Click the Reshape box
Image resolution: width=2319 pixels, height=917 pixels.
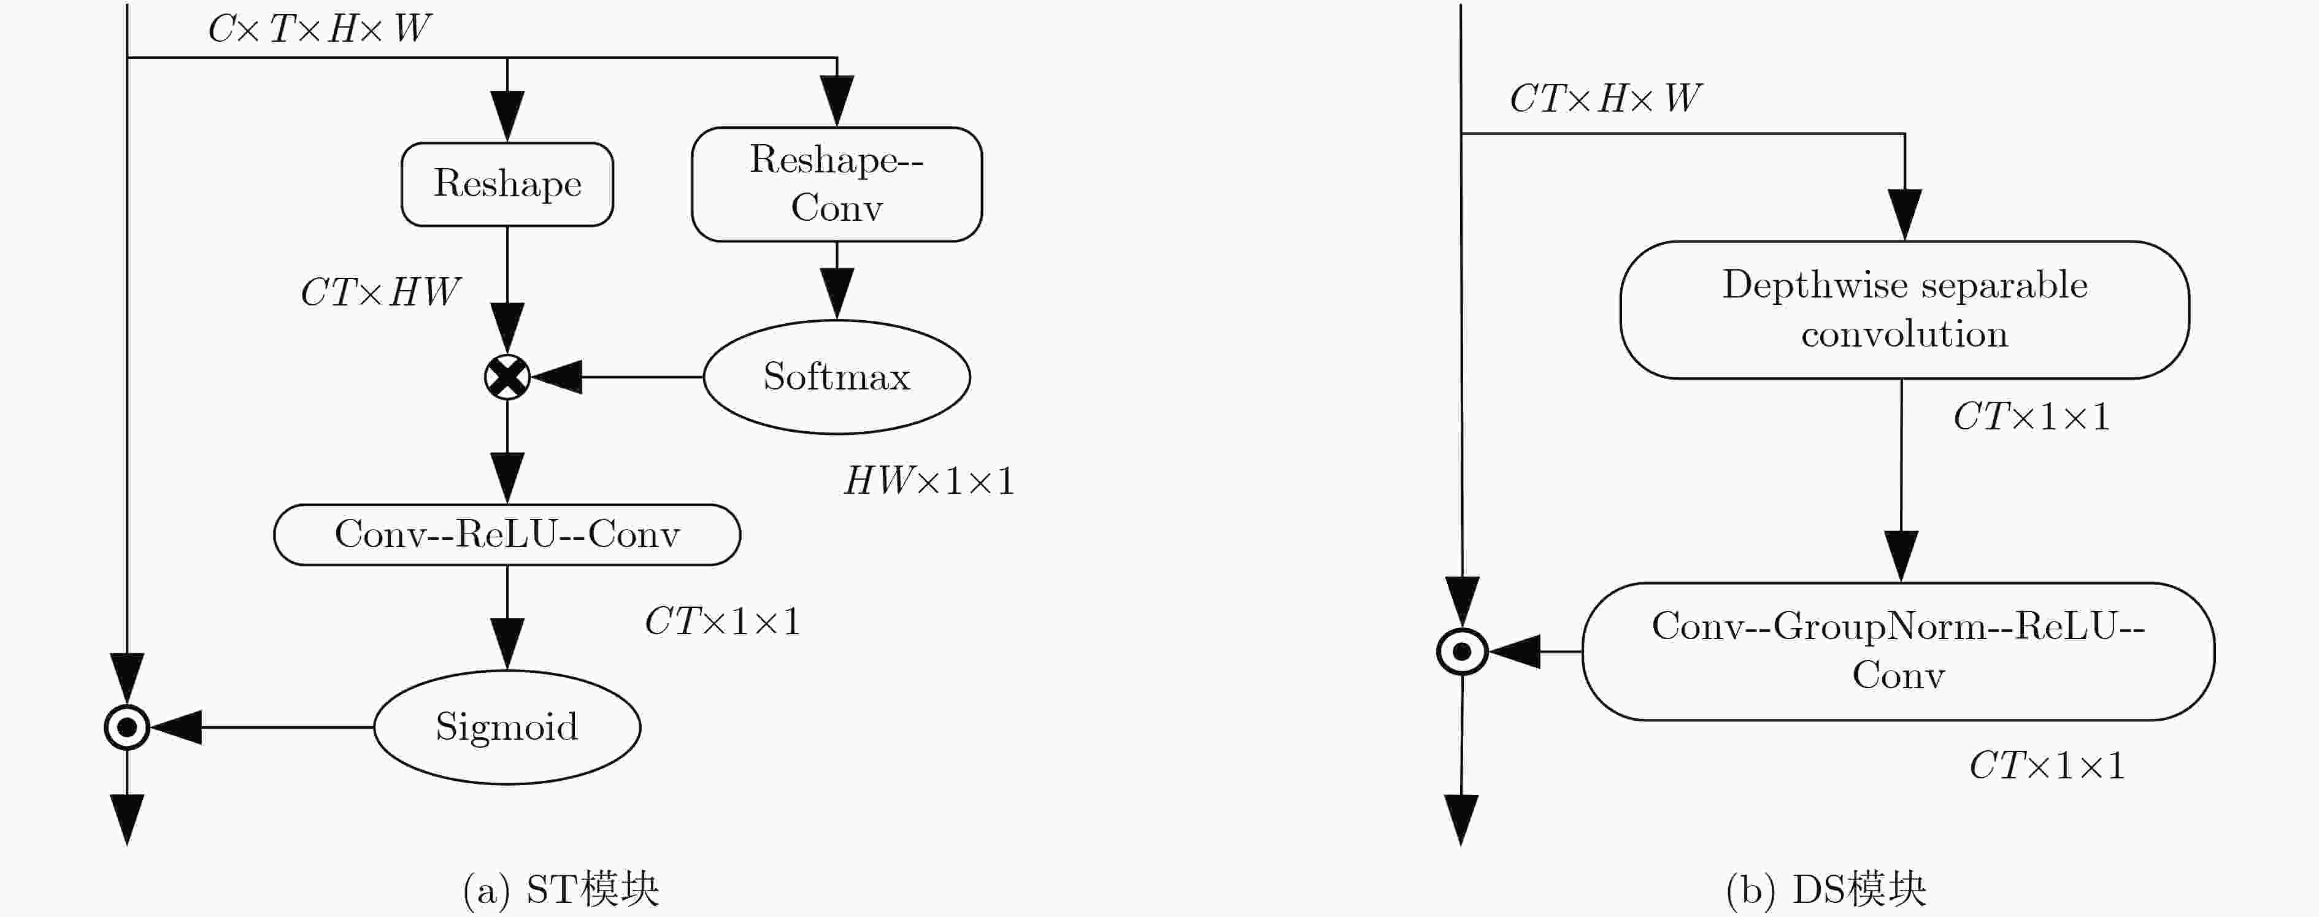point(507,183)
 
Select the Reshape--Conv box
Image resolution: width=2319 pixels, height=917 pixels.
point(836,183)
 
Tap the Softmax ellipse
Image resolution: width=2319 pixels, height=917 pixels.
point(836,376)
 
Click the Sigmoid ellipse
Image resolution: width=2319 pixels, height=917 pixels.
point(507,727)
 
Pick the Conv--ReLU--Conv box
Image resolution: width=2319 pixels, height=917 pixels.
point(507,534)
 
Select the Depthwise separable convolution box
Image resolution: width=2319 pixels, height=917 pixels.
point(1905,310)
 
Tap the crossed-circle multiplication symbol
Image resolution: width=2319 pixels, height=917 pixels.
point(507,376)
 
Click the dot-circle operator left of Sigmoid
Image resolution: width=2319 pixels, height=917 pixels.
point(127,727)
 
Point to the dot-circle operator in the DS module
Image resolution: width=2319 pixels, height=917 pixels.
point(1462,651)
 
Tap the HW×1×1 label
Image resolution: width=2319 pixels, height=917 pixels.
point(929,480)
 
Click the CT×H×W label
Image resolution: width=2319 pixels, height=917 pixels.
point(1605,98)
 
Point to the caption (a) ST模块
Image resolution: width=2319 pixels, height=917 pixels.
point(561,889)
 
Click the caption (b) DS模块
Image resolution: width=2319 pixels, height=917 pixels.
point(1826,889)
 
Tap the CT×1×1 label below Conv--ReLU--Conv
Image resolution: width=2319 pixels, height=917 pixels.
point(723,621)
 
